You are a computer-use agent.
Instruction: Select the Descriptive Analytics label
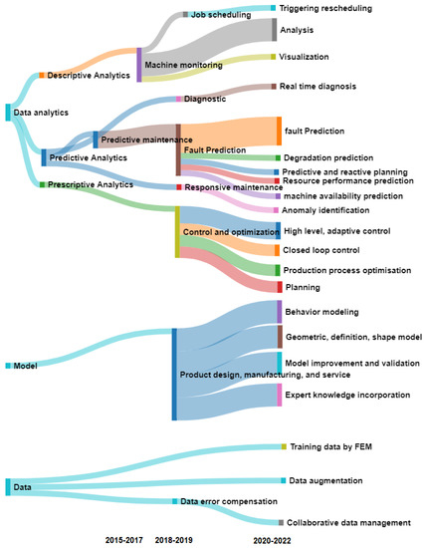tap(84, 75)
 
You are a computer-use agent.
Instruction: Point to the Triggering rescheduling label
tap(325, 8)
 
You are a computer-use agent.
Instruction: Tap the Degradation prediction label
tap(328, 157)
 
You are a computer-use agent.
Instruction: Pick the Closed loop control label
tap(319, 250)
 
